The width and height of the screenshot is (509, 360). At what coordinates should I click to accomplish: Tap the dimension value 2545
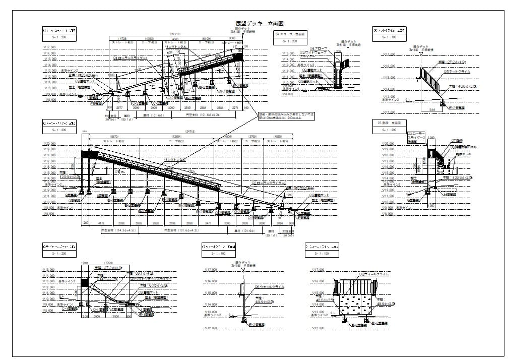(187, 108)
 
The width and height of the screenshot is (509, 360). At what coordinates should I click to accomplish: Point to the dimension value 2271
(235, 108)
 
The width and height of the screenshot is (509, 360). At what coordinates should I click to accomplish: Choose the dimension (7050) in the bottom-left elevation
(107, 263)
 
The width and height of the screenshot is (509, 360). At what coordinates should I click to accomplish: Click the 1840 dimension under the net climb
(431, 109)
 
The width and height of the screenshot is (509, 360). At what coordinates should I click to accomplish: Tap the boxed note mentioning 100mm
(285, 116)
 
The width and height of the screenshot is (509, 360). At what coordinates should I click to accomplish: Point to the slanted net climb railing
(432, 80)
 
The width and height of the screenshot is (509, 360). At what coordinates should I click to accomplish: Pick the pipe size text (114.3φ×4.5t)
(117, 230)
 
